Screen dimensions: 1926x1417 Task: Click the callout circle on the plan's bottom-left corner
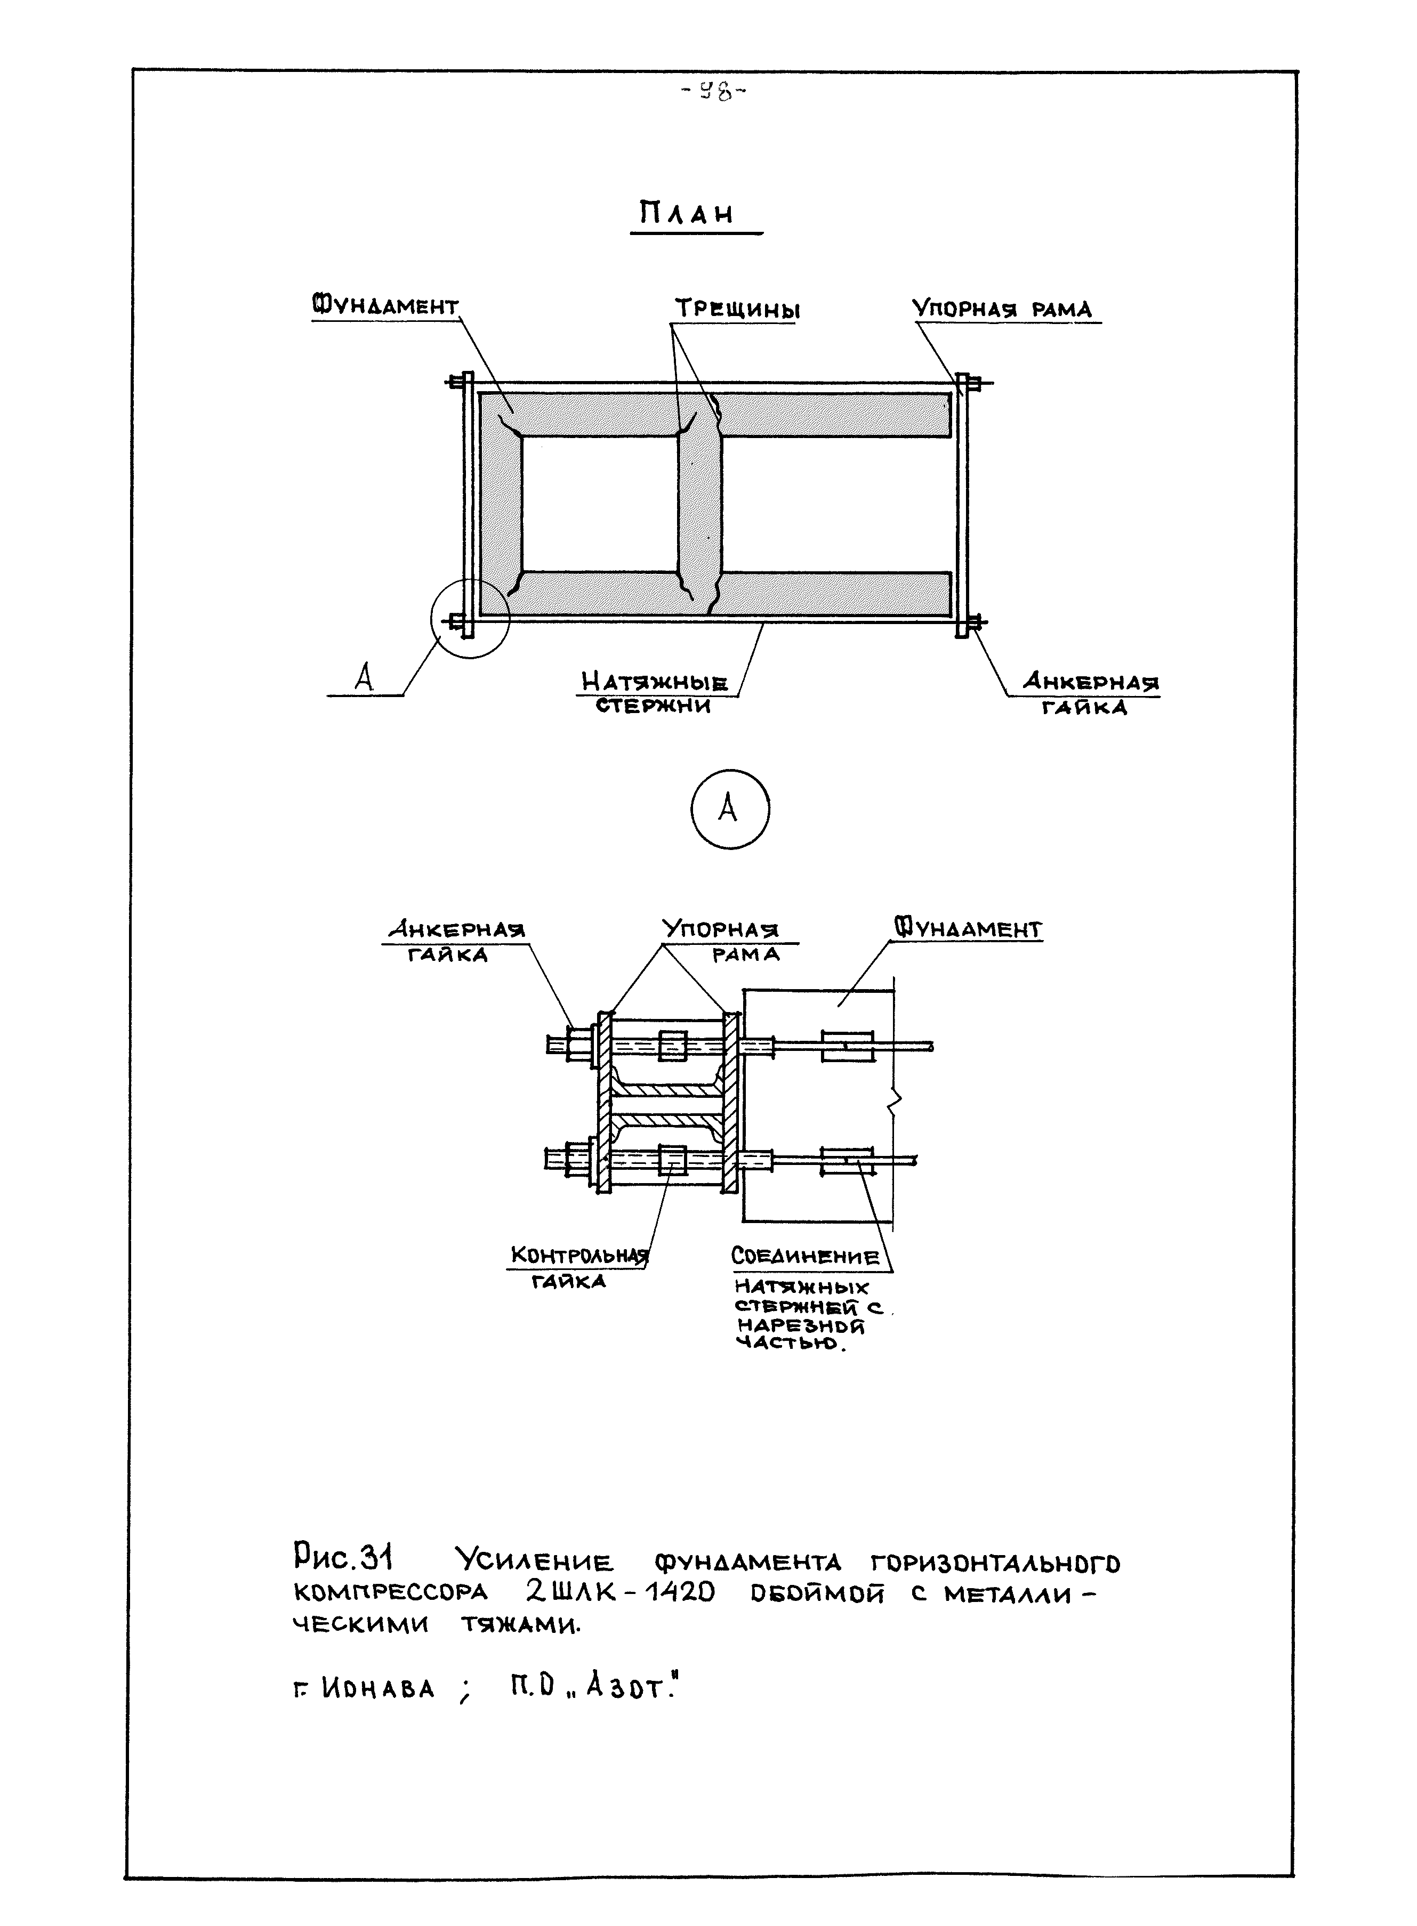(470, 618)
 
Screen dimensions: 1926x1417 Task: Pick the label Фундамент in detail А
(969, 929)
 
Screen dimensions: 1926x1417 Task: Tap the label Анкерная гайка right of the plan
(1089, 694)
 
